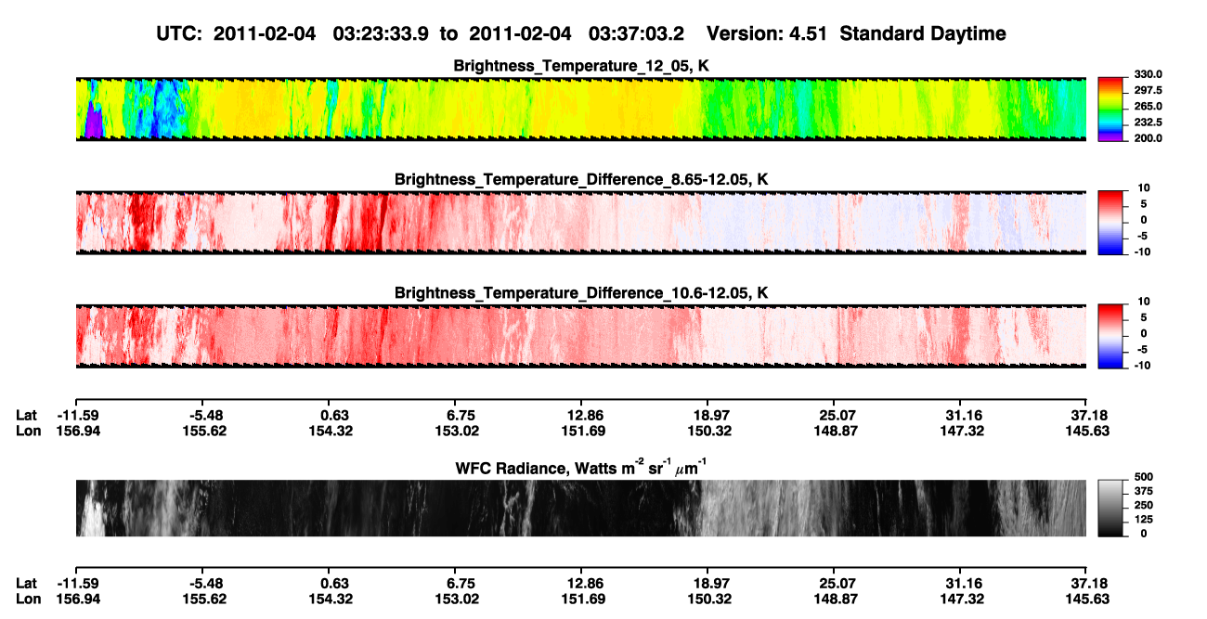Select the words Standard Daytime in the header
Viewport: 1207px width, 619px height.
tap(923, 33)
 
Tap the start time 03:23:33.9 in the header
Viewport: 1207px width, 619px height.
tap(381, 33)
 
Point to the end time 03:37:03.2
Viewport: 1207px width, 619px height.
tap(636, 33)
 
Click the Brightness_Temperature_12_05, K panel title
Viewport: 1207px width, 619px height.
tap(581, 66)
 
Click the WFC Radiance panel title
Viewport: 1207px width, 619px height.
tap(581, 468)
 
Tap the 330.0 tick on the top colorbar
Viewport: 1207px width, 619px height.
tap(1148, 74)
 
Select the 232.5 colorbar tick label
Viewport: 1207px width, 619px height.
tap(1148, 123)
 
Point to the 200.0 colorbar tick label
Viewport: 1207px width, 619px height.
tap(1148, 138)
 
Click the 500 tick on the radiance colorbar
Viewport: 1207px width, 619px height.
tap(1144, 477)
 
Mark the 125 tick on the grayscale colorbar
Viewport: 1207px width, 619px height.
tap(1144, 520)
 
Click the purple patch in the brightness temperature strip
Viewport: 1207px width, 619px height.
tap(94, 122)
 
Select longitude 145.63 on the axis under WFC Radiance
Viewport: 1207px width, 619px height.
tap(1087, 600)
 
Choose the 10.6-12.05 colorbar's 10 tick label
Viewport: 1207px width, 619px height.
tap(1144, 302)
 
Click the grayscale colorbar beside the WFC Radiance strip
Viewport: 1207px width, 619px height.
tap(1110, 508)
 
